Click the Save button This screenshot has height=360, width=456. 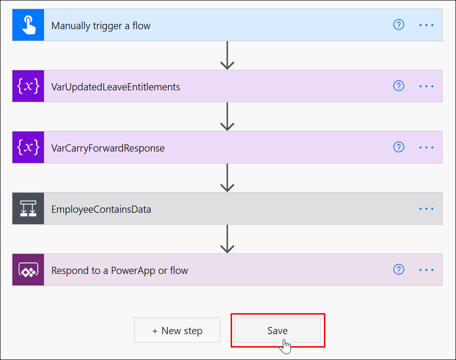278,330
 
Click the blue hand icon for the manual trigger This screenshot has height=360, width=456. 28,25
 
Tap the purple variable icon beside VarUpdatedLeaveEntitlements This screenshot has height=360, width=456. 28,86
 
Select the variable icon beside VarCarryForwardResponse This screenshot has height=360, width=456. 28,147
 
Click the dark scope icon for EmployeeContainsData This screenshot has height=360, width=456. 28,208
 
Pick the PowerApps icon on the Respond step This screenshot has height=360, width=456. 28,270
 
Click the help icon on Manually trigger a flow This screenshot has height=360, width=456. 399,25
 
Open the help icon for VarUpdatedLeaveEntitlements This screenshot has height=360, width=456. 399,86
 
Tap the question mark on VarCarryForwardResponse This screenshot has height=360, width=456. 399,147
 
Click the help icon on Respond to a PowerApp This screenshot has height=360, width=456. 399,270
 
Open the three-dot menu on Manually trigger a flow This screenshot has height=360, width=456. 426,25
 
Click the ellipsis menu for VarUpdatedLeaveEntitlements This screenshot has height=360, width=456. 426,87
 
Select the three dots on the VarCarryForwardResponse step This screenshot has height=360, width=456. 426,148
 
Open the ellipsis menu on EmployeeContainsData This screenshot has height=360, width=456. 426,208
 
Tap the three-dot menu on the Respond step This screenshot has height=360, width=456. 426,270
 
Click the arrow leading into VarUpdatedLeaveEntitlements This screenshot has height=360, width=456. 227,55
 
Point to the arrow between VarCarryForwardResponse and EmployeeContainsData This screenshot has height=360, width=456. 227,178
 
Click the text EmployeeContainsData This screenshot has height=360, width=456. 101,209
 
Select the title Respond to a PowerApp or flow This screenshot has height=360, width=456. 120,271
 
